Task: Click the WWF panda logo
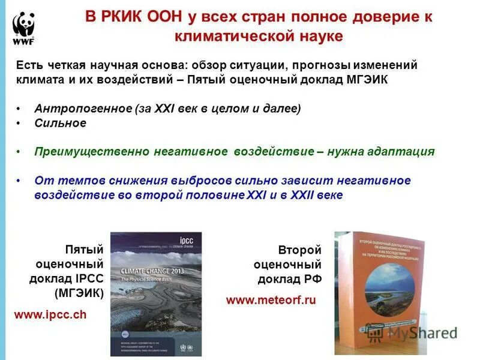(x=23, y=28)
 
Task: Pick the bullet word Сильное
(x=60, y=123)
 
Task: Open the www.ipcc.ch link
(x=50, y=314)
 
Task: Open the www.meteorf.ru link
(x=271, y=300)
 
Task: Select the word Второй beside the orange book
(x=299, y=250)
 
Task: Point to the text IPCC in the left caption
(x=91, y=278)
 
